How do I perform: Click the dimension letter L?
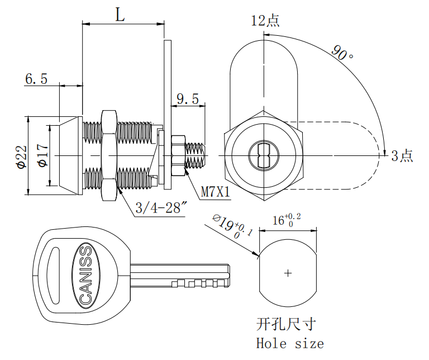pos(120,15)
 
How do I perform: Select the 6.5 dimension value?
pos(36,79)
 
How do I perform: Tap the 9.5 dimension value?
pos(188,99)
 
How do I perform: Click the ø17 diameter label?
pos(42,155)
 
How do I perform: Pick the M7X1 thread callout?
pos(216,192)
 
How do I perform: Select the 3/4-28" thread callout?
pos(161,209)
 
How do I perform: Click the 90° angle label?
pos(342,53)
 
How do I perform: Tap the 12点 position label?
pos(265,21)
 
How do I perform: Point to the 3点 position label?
pos(402,156)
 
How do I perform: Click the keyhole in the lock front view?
pos(264,154)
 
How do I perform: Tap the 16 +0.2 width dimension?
pos(286,219)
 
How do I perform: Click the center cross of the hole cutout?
pos(288,273)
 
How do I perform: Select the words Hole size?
pos(289,343)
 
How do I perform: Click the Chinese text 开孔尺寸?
pos(285,324)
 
